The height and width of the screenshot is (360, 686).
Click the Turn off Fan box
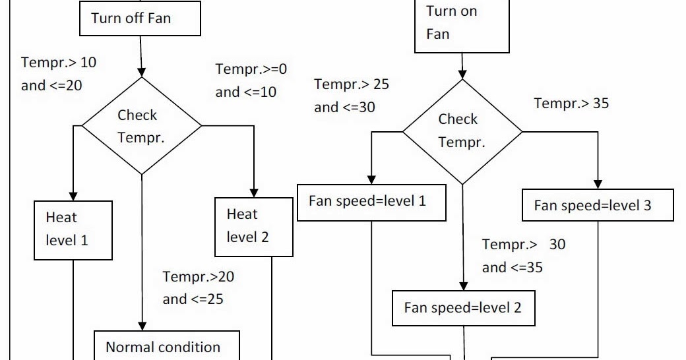pos(139,18)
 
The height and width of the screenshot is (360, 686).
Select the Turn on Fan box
pos(461,24)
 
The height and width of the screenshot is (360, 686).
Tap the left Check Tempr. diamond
pos(141,125)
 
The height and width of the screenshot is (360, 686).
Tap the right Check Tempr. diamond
pos(462,130)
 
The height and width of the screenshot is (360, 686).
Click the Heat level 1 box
pos(73,230)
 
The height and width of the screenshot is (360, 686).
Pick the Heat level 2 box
pos(254,227)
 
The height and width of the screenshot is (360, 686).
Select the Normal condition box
pos(163,346)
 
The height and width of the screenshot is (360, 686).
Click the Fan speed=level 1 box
pos(372,201)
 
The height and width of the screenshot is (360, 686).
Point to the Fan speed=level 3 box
pos(598,205)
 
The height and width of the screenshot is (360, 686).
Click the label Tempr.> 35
pos(571,104)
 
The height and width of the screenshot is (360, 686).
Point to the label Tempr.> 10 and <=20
pos(58,74)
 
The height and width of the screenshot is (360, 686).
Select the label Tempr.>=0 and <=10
pos(251,80)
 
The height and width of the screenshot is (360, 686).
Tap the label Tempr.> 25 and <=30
pos(351,96)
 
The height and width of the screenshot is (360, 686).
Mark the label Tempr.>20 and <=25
pos(198,287)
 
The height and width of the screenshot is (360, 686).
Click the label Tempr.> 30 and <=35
pos(523,256)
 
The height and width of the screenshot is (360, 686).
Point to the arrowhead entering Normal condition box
pos(141,326)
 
